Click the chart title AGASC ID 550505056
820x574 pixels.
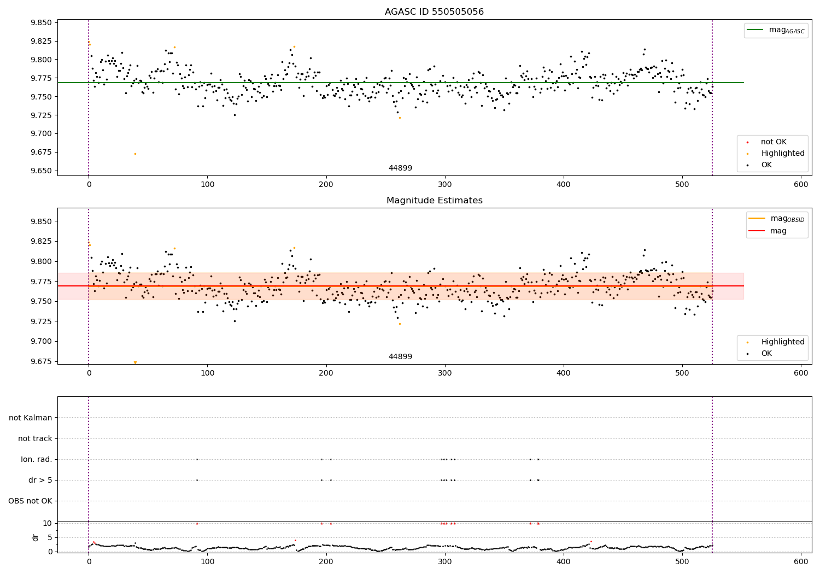click(434, 12)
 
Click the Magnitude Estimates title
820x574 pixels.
click(434, 201)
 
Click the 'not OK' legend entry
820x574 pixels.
click(774, 142)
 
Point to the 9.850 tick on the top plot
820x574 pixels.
click(42, 22)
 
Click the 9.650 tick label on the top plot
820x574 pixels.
click(42, 171)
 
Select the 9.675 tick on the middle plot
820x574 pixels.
click(42, 361)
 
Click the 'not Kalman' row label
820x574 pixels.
click(31, 418)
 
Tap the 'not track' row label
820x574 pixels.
click(35, 438)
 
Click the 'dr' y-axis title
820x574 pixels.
click(36, 537)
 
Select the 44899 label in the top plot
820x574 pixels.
click(400, 168)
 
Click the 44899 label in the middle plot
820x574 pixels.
click(400, 357)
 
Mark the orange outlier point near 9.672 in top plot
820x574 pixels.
click(135, 154)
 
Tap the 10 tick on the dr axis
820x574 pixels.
click(48, 523)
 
